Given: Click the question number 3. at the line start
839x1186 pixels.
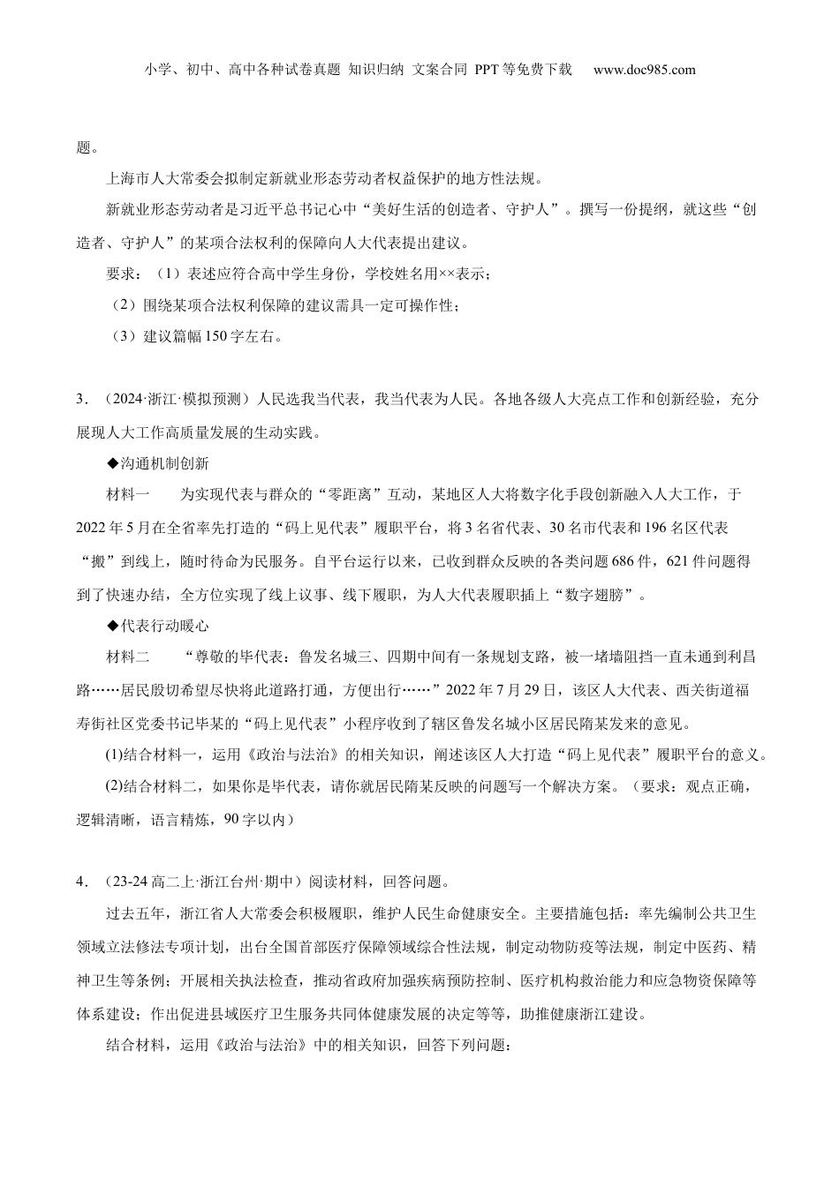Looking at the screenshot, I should point(81,400).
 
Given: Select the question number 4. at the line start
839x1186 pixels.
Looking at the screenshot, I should point(81,882).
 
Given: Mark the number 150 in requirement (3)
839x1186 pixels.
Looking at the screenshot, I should point(215,336).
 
